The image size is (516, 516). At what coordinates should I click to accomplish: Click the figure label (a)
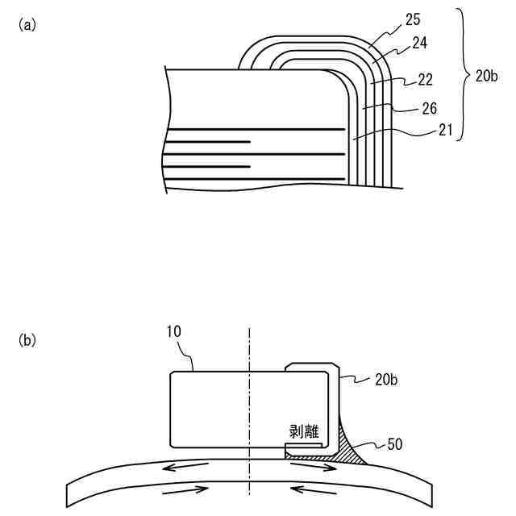tap(27, 25)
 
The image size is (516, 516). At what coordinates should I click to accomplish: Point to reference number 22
tap(425, 80)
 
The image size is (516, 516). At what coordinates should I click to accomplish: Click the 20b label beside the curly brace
tap(487, 77)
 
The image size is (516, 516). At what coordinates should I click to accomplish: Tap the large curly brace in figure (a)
tap(464, 75)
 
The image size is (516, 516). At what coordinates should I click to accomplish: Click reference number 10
tap(177, 331)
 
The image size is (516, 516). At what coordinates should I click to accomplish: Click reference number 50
tap(394, 443)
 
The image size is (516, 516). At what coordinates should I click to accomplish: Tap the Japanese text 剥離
tap(303, 431)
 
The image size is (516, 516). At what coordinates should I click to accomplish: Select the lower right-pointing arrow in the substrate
tap(186, 489)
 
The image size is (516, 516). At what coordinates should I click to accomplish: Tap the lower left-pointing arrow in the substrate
tap(310, 489)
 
